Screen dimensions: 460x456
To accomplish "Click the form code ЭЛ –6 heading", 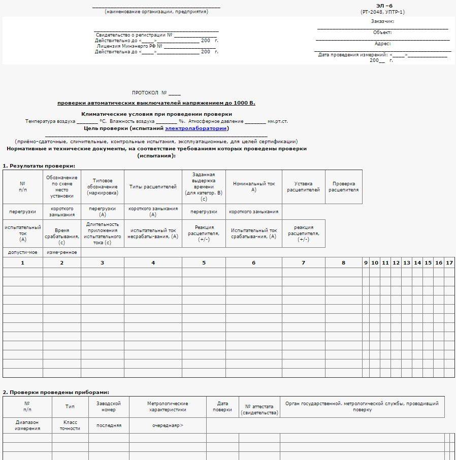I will point(384,6).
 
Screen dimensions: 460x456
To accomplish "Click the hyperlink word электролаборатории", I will point(196,128).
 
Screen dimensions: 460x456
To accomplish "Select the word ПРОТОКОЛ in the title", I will point(145,93).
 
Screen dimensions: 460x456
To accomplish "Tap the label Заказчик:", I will point(382,21).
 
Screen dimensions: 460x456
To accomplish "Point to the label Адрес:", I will point(382,44).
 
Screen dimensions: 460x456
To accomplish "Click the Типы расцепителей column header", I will point(153,187).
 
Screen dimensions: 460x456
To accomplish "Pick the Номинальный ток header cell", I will point(253,186).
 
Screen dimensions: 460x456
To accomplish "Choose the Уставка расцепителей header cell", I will point(303,187).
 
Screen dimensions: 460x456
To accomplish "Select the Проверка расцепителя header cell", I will point(343,187).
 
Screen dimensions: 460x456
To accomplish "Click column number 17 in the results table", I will point(449,262).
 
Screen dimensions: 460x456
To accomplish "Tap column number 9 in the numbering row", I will point(366,262).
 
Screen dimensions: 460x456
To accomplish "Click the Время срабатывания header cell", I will point(61,234).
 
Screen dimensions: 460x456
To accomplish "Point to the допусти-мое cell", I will point(22,252).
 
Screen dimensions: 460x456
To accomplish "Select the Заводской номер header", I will point(109,407).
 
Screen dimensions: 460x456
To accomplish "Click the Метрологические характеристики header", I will point(168,407).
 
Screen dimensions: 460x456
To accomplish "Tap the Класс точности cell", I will point(70,425).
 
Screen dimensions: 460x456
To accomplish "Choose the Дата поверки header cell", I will point(222,407).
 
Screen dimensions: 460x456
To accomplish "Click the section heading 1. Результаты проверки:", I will point(39,166).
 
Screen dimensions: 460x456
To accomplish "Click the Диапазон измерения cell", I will point(27,425).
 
